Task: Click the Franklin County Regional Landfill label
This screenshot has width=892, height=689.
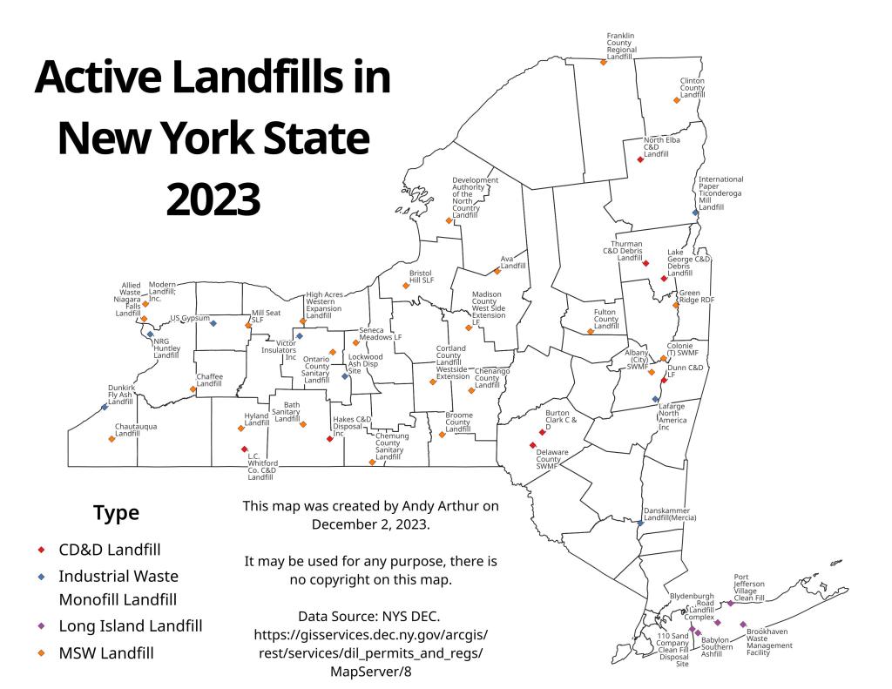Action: [x=622, y=46]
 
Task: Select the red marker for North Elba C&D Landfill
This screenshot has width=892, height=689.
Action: [x=640, y=159]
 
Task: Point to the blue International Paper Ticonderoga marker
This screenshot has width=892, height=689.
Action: [x=695, y=213]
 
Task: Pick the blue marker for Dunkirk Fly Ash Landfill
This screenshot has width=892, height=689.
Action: [x=105, y=407]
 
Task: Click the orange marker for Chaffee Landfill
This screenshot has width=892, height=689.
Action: [x=193, y=389]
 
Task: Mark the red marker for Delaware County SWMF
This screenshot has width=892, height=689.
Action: [x=531, y=445]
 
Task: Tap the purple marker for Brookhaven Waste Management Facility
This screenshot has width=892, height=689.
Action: [x=743, y=625]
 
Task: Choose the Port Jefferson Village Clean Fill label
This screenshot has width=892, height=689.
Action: [x=749, y=588]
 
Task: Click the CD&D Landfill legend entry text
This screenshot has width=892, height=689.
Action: [x=109, y=551]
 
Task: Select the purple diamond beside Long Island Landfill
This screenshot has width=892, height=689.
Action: [x=40, y=626]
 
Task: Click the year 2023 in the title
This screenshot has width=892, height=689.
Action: [x=213, y=199]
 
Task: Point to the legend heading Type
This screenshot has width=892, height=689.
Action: [x=116, y=513]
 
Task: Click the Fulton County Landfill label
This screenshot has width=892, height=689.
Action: [x=605, y=319]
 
